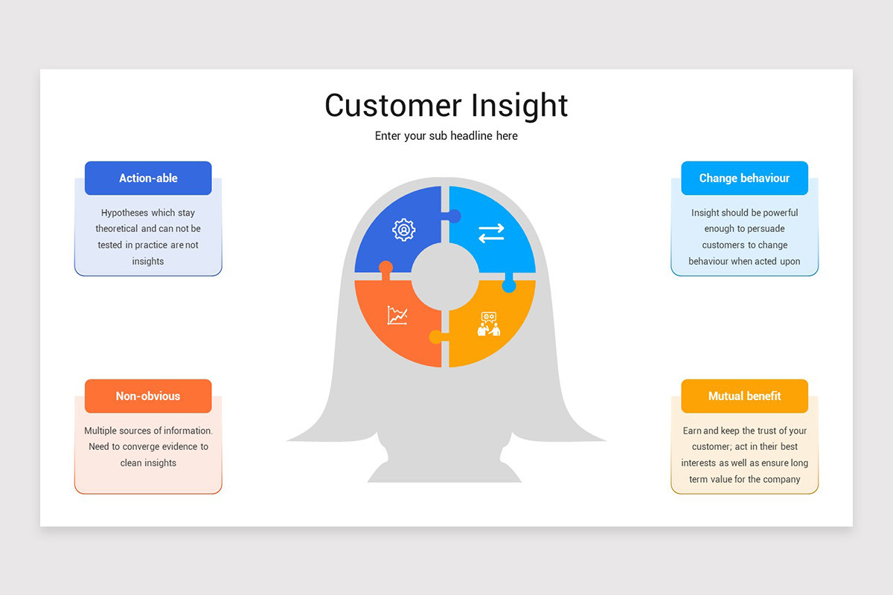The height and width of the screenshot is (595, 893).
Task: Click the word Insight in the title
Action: pos(518,106)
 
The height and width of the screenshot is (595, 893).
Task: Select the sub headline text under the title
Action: pos(446,136)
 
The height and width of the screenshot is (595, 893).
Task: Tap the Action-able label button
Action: pos(148,178)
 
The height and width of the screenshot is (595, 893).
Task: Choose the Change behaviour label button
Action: pos(744,178)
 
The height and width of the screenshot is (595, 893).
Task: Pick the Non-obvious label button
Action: pos(148,396)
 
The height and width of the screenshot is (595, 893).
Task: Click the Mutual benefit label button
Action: pos(744,396)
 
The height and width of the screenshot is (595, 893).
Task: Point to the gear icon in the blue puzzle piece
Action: pos(403,230)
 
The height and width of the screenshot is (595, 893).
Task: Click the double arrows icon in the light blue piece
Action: pos(491,233)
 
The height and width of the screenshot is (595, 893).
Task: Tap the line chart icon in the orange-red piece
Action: pos(397,315)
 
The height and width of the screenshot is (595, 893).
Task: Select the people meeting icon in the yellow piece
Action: pos(489,324)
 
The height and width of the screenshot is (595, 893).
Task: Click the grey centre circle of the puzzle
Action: pos(445,277)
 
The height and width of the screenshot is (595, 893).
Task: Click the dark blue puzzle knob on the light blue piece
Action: pos(453,216)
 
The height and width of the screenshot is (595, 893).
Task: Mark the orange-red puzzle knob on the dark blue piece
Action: pos(385,268)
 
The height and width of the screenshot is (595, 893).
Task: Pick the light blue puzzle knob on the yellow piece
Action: pos(509,286)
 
